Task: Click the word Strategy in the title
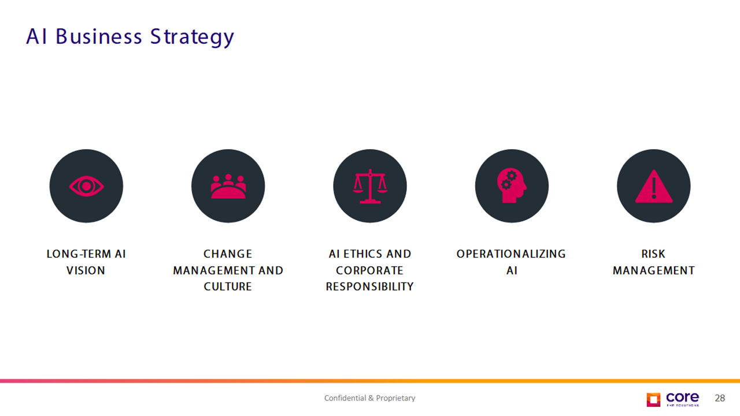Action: (x=192, y=37)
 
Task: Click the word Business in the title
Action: (x=99, y=36)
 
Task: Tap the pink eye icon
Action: (x=87, y=186)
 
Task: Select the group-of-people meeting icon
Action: (x=228, y=186)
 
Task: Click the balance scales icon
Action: (x=370, y=186)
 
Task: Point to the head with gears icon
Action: (x=512, y=185)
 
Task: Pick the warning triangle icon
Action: (x=654, y=186)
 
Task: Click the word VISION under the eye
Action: (x=86, y=271)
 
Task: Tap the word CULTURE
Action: (x=228, y=287)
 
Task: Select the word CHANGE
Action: (x=228, y=254)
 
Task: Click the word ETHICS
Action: (x=362, y=254)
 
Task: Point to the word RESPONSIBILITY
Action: (x=369, y=287)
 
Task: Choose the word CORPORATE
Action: (x=369, y=271)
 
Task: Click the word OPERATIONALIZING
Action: (x=512, y=254)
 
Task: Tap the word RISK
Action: (x=653, y=254)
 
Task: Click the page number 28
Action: (x=720, y=398)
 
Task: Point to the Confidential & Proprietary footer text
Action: (x=369, y=398)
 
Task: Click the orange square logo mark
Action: (x=653, y=400)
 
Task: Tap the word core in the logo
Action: (x=683, y=397)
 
